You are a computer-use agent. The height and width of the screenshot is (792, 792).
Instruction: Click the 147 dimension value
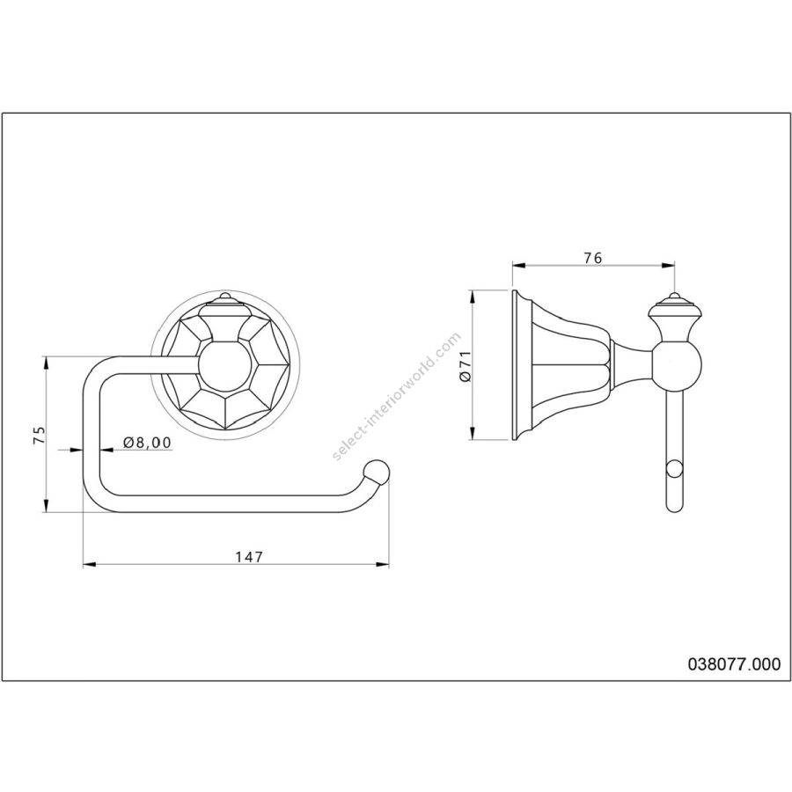click(250, 557)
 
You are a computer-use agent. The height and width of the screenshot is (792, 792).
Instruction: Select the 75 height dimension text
click(39, 435)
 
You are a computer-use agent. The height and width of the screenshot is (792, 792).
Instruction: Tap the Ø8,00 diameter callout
click(148, 443)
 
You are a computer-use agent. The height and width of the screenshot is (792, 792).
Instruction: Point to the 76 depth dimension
click(593, 258)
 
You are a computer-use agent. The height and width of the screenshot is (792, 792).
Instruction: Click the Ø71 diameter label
click(466, 366)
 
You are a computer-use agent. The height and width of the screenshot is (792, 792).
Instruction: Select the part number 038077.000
click(734, 664)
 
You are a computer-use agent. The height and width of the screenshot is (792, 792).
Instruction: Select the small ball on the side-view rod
click(675, 469)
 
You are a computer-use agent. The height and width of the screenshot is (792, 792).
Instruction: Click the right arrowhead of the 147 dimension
click(383, 564)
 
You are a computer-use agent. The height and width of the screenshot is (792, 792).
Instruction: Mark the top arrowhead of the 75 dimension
click(46, 363)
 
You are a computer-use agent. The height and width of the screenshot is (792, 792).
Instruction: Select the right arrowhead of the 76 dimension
click(669, 265)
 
